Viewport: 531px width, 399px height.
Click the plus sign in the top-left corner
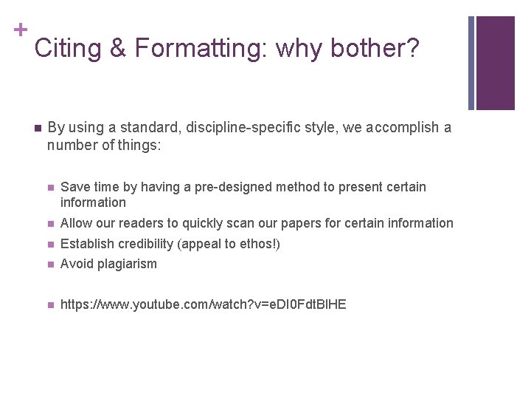coord(20,30)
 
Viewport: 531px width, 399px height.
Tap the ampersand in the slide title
coord(118,49)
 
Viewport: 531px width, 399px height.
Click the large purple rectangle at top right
coord(495,63)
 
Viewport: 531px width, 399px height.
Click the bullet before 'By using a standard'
coord(36,128)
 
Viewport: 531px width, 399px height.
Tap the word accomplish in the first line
coord(403,128)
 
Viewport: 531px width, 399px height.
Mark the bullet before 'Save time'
coord(50,188)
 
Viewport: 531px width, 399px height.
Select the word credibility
coord(147,244)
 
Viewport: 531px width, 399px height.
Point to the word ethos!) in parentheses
coord(261,244)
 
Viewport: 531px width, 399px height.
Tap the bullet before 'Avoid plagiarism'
coord(50,265)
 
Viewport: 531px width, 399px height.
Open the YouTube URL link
coord(203,304)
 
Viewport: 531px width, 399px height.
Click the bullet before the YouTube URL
coord(50,304)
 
